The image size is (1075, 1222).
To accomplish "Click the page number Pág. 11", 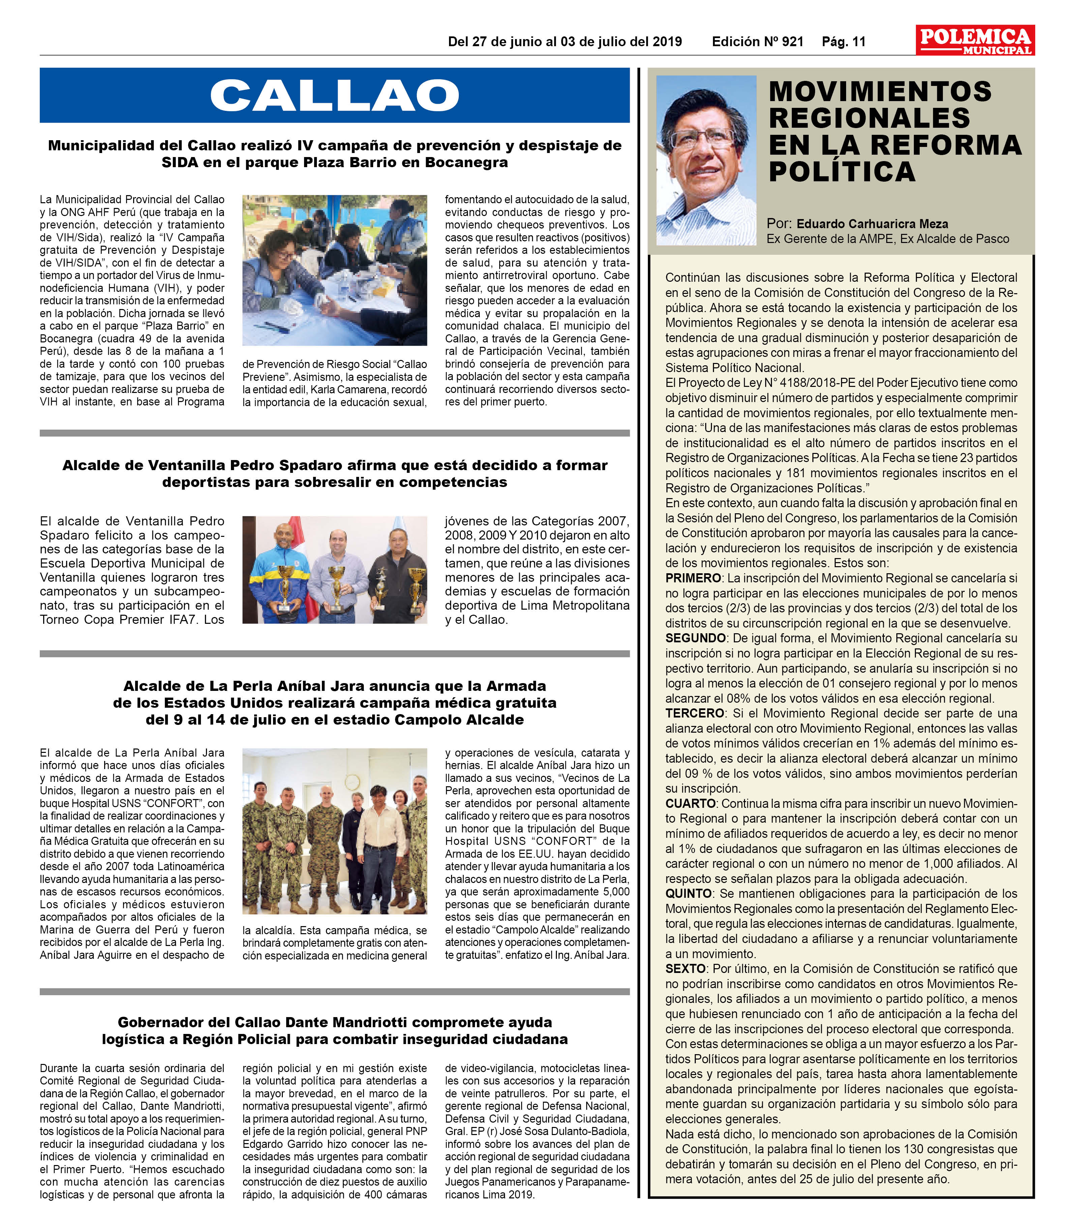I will tap(843, 42).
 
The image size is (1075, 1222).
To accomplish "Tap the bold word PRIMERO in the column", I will tap(692, 578).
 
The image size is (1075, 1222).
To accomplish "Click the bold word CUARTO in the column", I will tap(690, 803).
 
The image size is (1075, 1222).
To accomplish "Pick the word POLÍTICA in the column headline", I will tap(842, 172).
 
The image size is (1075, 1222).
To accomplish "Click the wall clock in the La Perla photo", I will tap(352, 782).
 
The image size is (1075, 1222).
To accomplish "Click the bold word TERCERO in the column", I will tap(694, 713).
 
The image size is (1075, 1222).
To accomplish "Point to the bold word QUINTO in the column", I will tap(688, 894).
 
